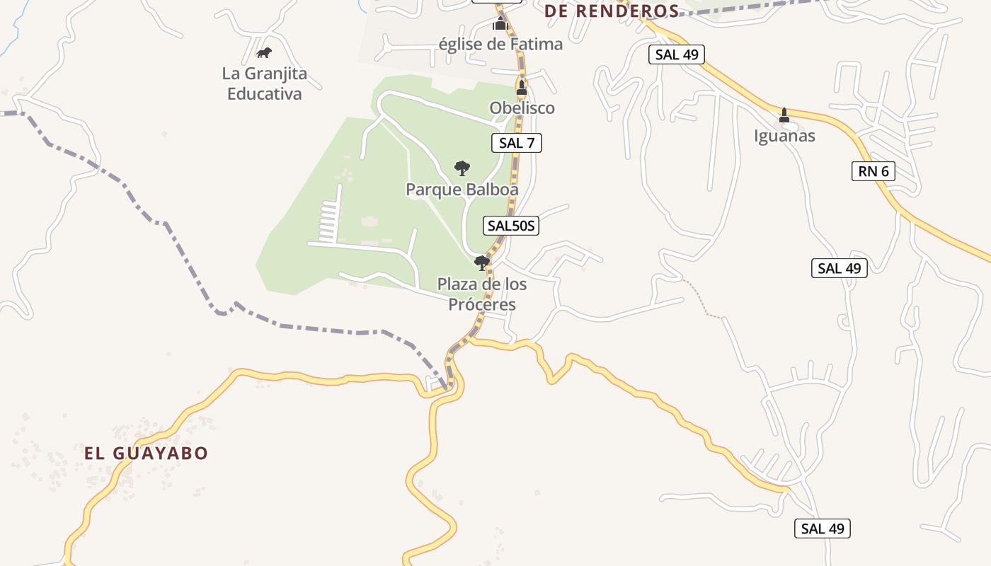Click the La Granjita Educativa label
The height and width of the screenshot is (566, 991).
tap(265, 83)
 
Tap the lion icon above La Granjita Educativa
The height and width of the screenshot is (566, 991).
tap(264, 52)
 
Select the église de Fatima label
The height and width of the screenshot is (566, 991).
tap(500, 44)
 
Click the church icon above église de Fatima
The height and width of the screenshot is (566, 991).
tap(500, 25)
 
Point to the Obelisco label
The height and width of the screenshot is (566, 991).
tap(522, 108)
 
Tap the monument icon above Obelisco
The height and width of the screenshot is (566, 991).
tap(522, 88)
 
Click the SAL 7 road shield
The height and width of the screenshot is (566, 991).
tap(517, 143)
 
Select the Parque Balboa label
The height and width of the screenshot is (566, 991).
tap(462, 190)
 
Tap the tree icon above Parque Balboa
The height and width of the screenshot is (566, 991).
tap(462, 168)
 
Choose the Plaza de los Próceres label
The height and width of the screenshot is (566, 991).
tap(482, 294)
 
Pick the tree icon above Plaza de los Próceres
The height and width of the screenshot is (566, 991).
tap(482, 263)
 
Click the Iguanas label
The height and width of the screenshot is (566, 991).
tap(784, 136)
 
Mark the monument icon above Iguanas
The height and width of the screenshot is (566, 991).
tap(784, 115)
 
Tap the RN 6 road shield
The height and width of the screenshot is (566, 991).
tap(873, 171)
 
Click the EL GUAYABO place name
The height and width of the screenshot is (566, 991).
tap(147, 453)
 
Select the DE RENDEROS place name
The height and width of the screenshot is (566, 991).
tap(612, 11)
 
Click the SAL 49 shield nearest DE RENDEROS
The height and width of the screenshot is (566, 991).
tap(677, 54)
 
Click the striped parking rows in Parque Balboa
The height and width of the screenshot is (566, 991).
tap(328, 221)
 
